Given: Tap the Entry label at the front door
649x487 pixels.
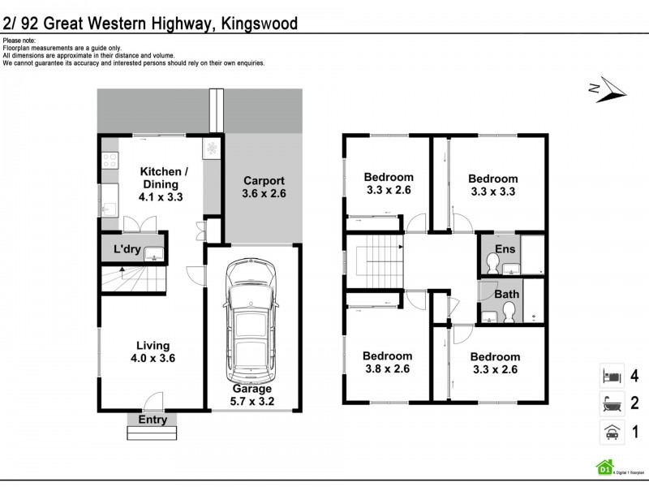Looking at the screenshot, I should (x=152, y=420).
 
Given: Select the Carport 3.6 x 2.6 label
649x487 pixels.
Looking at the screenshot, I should (x=264, y=187).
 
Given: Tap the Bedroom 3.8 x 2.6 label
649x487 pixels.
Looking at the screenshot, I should (x=387, y=363).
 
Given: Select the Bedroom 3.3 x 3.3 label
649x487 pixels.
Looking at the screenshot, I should (x=492, y=186).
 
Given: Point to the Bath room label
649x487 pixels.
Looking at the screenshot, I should (x=507, y=294).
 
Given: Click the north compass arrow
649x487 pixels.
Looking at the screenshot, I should (x=608, y=90).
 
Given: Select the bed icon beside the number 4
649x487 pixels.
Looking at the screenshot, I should (x=611, y=376).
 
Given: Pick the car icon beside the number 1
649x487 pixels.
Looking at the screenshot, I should (x=611, y=432).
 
